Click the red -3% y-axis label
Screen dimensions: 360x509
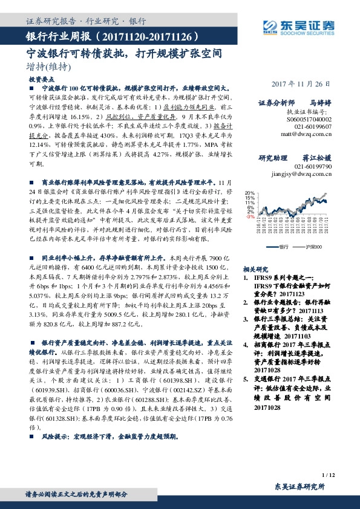coord(250,216)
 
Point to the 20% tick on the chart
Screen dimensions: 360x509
coord(250,193)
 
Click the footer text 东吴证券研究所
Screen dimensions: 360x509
coord(299,487)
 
